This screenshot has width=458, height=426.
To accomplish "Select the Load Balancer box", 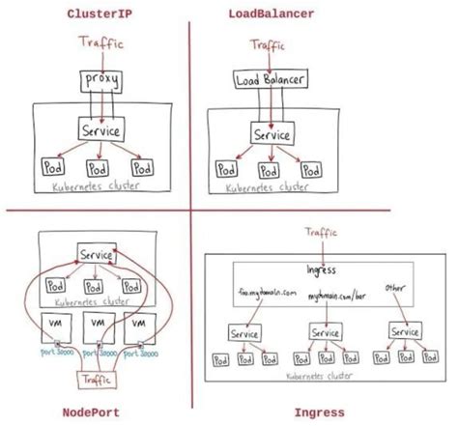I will point(272,81).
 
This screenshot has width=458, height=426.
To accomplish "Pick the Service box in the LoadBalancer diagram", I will point(272,135).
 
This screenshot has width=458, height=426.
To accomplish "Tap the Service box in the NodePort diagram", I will point(95,255).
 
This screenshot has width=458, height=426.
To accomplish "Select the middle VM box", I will point(96,323).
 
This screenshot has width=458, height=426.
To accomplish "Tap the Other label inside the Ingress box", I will point(395,287).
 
